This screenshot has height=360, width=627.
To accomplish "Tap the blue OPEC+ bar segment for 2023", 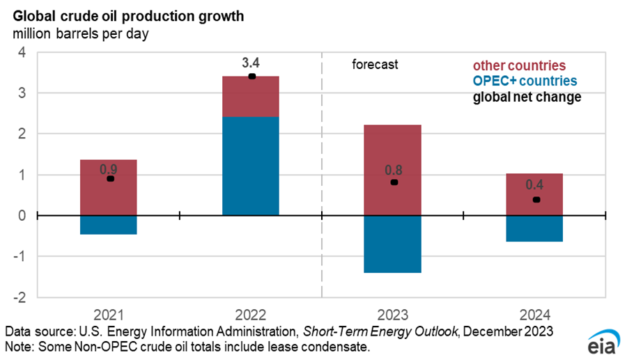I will (x=392, y=244).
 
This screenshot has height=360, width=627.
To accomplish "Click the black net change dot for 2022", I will (x=251, y=76).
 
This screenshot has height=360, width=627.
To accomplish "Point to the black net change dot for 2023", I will (x=394, y=182).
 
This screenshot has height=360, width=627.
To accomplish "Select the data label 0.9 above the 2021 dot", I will (x=108, y=168).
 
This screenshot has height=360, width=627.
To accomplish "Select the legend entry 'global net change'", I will (x=527, y=97).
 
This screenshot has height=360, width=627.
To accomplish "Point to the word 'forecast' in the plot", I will (x=375, y=65).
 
